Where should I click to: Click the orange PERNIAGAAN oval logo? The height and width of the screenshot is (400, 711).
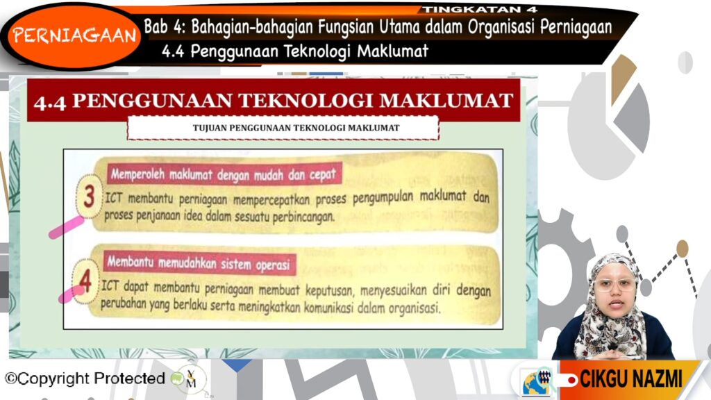pyautogui.click(x=74, y=35)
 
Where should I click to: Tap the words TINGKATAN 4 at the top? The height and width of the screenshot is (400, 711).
pyautogui.click(x=480, y=9)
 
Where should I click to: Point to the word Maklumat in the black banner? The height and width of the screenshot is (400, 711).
pyautogui.click(x=393, y=51)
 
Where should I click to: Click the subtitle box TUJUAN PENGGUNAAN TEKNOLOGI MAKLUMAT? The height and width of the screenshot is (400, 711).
pyautogui.click(x=283, y=128)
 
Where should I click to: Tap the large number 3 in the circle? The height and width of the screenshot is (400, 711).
pyautogui.click(x=89, y=197)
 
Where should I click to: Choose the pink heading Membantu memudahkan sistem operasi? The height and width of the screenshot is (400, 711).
pyautogui.click(x=199, y=263)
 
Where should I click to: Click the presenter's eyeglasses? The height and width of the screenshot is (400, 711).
pyautogui.click(x=615, y=285)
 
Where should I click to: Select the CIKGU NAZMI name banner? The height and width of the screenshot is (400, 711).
pyautogui.click(x=630, y=379)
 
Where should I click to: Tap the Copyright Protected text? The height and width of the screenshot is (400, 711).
pyautogui.click(x=85, y=378)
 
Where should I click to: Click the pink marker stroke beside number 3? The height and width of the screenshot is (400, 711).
pyautogui.click(x=66, y=227)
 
